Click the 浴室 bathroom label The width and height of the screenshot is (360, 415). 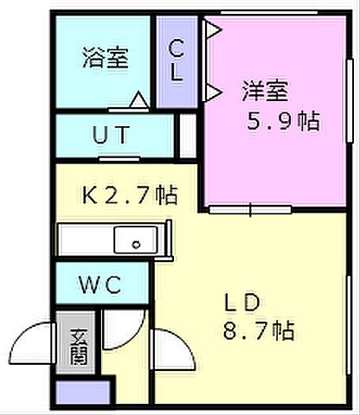(x=106, y=59)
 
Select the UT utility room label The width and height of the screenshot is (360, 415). (x=112, y=135)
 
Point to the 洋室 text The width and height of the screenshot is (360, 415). (x=264, y=90)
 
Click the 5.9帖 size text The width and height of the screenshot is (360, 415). (x=279, y=121)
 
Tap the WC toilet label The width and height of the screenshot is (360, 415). (x=102, y=284)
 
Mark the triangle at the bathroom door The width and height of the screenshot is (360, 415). (x=137, y=101)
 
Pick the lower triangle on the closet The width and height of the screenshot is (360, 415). (x=213, y=90)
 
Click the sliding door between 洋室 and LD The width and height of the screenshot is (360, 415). (x=251, y=208)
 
